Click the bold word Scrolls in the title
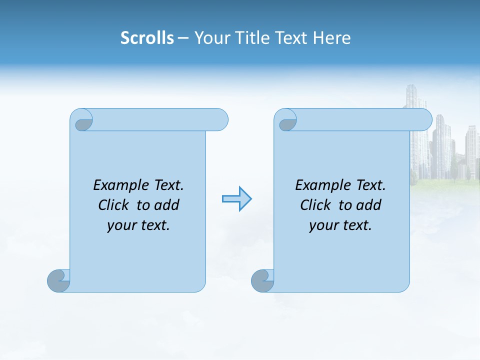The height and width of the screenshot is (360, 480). tap(147, 38)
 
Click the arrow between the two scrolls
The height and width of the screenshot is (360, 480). tap(236, 199)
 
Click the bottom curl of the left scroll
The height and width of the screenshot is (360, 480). tap(58, 280)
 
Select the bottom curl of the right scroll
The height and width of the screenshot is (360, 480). tap(262, 280)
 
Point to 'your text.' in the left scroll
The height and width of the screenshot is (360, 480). tap(138, 225)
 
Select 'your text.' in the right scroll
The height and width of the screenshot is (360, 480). tap(340, 225)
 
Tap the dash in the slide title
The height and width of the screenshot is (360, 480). tap(183, 38)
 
